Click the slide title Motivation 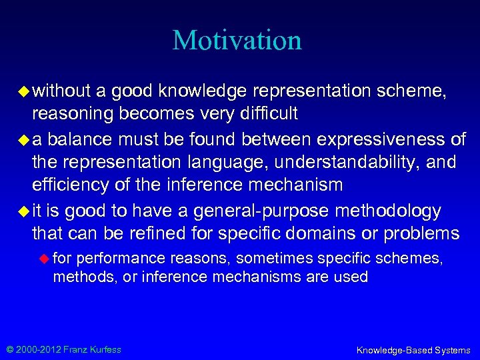pos(237,40)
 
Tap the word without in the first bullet pos(63,91)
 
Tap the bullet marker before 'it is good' pos(24,210)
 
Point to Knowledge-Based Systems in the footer pos(413,350)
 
